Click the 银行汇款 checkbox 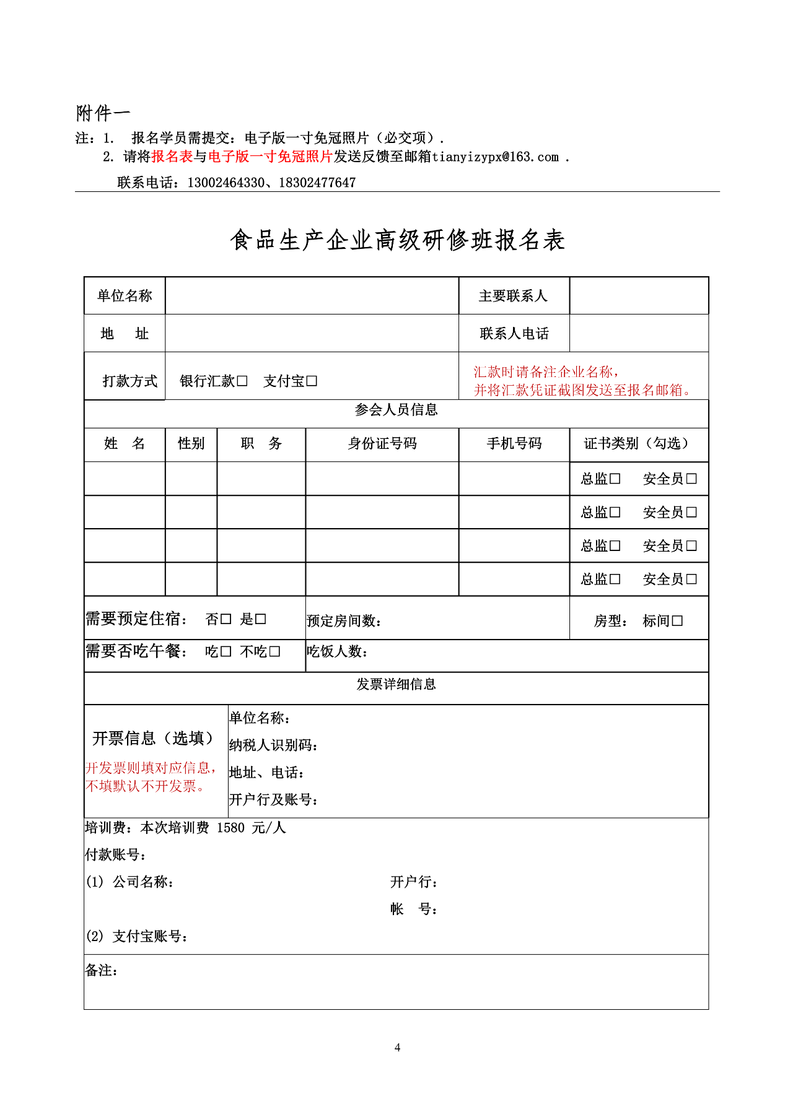[x=242, y=381]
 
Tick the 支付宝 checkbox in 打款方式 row [x=312, y=381]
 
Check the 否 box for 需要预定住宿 [x=226, y=619]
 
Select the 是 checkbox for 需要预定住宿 [x=261, y=619]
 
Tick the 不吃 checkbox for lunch [x=275, y=652]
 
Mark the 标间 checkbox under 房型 [x=677, y=621]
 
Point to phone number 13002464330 [x=226, y=183]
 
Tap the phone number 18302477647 [x=317, y=183]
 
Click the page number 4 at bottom [x=397, y=1048]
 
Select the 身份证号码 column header [x=382, y=443]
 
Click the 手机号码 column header [x=514, y=443]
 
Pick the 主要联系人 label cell [x=514, y=296]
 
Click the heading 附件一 [x=103, y=113]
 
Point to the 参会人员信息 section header [x=396, y=410]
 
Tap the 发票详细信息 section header [x=396, y=684]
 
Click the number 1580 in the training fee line [x=230, y=828]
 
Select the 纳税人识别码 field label [x=273, y=745]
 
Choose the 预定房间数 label [x=343, y=621]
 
